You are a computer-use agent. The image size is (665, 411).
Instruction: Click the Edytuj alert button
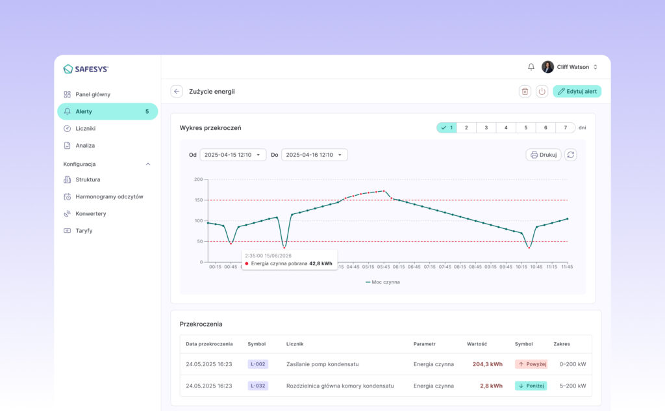point(577,91)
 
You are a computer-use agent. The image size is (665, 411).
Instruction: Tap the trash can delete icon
point(525,91)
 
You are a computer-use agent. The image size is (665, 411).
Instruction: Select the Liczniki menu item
point(85,128)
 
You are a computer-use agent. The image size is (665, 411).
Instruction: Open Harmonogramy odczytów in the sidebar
point(109,196)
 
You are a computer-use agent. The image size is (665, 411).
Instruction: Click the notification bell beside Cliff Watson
point(531,67)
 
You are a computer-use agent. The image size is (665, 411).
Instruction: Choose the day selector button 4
point(506,127)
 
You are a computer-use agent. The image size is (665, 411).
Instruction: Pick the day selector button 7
point(566,127)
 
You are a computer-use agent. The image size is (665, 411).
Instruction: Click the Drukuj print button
point(544,155)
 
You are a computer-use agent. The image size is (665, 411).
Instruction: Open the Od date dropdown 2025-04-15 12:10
point(233,155)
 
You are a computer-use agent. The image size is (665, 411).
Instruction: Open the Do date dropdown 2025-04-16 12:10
point(314,155)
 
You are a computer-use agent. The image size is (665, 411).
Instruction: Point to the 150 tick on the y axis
point(199,200)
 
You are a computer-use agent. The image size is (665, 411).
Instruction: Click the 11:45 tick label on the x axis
point(567,267)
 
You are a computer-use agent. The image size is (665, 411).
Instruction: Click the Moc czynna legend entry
point(383,282)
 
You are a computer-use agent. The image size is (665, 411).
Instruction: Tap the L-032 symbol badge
point(258,386)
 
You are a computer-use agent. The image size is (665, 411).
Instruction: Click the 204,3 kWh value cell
point(487,364)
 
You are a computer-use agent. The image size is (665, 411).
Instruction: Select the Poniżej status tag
point(531,386)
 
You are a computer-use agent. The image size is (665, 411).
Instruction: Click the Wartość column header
point(477,344)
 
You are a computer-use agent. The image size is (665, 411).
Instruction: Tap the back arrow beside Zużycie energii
point(177,91)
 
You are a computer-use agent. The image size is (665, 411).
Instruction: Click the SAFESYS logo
point(86,69)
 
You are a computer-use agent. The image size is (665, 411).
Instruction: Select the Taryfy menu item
point(84,231)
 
